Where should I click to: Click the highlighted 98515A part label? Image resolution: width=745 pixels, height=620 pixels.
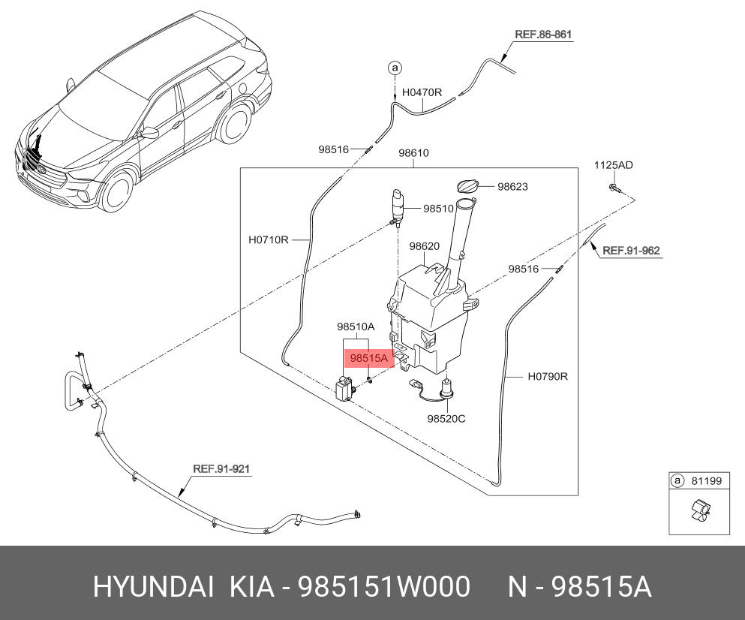pos(369,358)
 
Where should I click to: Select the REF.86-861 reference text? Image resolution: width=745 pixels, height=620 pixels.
pos(543,35)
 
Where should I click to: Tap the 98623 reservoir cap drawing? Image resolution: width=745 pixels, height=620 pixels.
pos(467,186)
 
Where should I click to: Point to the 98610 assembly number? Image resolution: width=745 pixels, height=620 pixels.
pos(413,152)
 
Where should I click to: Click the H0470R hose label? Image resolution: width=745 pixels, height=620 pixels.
pos(422,92)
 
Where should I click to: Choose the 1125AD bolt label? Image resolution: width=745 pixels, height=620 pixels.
pos(614,165)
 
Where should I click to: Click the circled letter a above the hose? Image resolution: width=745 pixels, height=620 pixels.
pos(395,68)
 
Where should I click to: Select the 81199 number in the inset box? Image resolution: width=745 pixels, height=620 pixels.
pos(706,480)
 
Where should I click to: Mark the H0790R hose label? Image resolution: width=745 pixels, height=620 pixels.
pos(548,376)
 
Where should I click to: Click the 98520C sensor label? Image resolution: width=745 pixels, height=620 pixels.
pos(446,418)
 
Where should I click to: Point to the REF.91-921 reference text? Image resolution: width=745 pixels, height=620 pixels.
pos(221,469)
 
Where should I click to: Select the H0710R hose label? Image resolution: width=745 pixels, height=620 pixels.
pos(269,239)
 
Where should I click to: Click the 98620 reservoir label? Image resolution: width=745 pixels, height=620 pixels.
pos(425,245)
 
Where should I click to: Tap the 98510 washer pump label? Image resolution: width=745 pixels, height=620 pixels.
pos(439,208)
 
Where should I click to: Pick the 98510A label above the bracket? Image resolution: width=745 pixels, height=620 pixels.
pos(356,327)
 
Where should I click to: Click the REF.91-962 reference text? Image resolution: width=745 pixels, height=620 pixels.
pos(631,251)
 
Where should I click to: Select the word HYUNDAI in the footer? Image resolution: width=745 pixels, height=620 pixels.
pos(153,586)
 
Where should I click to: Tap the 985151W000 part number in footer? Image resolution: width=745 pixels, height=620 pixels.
pos(383,586)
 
